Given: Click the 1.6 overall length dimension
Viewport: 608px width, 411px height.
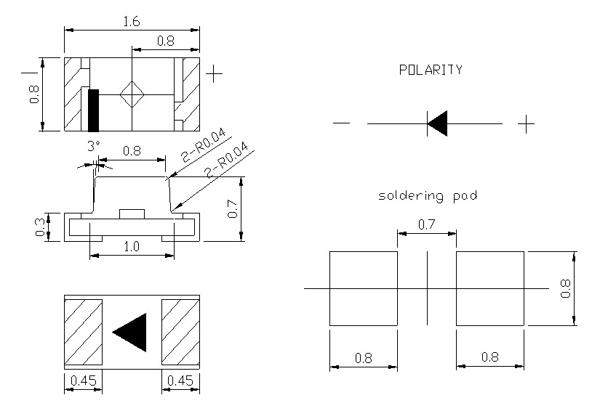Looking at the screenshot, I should (x=132, y=22).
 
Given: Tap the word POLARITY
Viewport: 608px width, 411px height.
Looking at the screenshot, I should (x=431, y=70).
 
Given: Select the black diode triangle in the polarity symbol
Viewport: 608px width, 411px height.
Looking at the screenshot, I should (x=437, y=124).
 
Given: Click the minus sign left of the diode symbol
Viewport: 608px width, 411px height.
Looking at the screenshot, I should (x=341, y=124).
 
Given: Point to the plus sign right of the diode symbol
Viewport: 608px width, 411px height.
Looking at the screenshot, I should (x=527, y=124).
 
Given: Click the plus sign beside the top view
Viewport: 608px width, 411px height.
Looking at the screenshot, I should (x=214, y=73).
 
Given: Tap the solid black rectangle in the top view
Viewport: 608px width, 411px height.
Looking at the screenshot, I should (x=93, y=110).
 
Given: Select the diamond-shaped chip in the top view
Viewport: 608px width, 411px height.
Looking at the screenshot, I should (x=132, y=94).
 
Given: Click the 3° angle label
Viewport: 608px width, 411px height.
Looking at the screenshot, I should (x=92, y=146).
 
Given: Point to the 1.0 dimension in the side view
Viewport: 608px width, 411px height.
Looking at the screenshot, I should (x=132, y=247).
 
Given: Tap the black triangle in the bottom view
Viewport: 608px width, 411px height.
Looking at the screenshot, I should (x=131, y=331).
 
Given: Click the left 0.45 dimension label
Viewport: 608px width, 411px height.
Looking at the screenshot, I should (x=83, y=381).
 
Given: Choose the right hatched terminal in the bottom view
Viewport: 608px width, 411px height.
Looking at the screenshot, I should (x=180, y=331).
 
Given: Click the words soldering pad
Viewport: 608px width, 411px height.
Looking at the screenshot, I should (x=428, y=196).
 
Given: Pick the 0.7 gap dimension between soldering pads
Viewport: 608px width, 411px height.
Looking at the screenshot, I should (x=427, y=226).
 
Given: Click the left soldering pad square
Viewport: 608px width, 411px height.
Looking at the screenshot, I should (x=364, y=288).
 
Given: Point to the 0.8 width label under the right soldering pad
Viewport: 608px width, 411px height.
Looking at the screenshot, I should (x=489, y=358).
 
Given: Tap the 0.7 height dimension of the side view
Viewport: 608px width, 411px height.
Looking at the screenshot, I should (x=233, y=209).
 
